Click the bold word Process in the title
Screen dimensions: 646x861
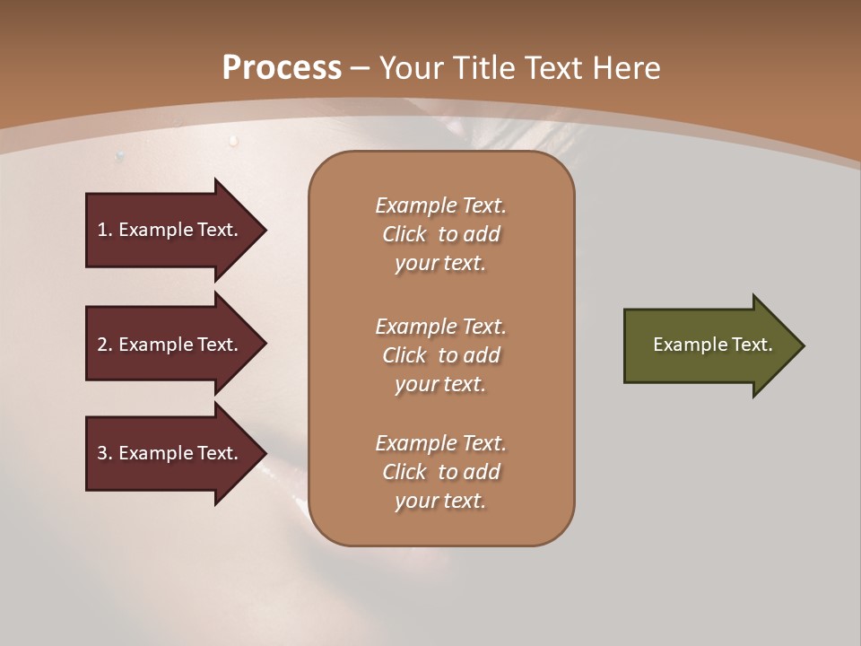click(282, 67)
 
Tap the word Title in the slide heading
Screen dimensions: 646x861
click(483, 67)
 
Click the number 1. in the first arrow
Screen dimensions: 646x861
click(105, 230)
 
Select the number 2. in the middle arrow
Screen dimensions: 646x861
click(105, 345)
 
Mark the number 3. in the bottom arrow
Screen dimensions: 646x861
click(105, 453)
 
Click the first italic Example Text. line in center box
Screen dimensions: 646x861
click(440, 205)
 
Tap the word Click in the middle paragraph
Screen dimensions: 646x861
click(404, 355)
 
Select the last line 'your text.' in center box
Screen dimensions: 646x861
click(440, 501)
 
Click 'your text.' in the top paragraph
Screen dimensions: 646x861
click(440, 263)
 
